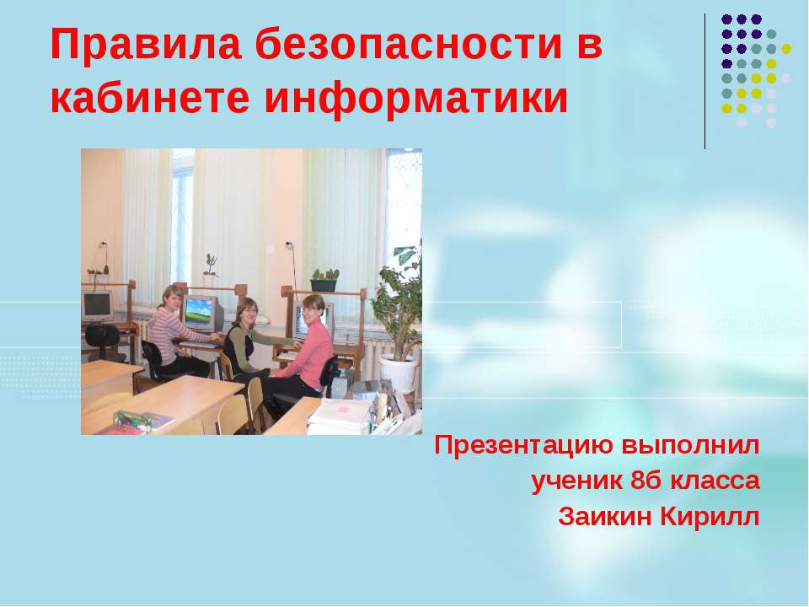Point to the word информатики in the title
[x=416, y=99]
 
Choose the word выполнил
[x=691, y=445]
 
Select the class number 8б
[x=646, y=481]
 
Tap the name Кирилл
[x=714, y=516]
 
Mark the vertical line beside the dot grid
[x=705, y=81]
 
